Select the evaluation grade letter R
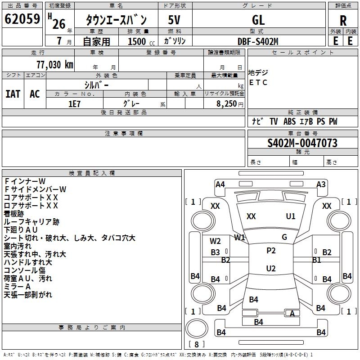(343, 20)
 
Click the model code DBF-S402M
(258, 41)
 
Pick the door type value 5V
(175, 20)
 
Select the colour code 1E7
(74, 103)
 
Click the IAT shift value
(13, 94)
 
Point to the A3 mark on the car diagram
(321, 184)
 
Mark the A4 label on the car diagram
(220, 184)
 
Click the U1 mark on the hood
(291, 216)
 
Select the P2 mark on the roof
(271, 251)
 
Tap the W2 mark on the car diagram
(215, 241)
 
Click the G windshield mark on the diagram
(284, 237)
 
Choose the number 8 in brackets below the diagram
(196, 345)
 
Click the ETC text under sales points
(258, 82)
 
